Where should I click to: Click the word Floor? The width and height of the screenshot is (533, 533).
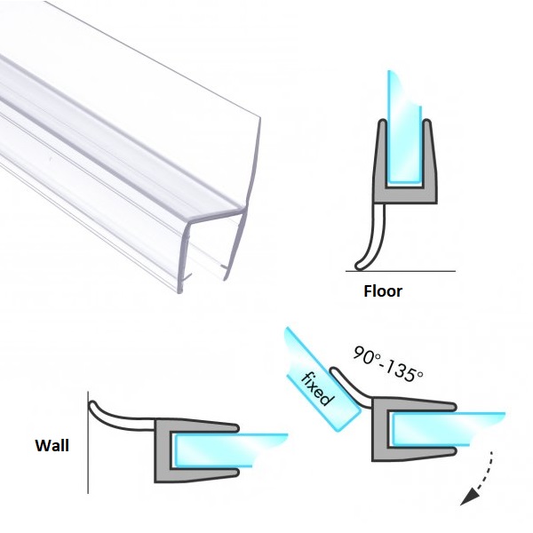[x=383, y=291]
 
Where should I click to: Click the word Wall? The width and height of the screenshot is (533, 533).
[x=52, y=445]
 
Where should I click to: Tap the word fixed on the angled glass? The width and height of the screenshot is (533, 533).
[x=316, y=388]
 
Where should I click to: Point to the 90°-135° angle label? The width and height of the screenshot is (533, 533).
[x=388, y=363]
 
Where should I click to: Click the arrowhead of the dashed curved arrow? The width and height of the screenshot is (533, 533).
[x=469, y=497]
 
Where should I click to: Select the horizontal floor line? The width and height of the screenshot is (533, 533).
[x=401, y=271]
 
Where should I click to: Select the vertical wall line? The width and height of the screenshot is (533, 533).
[x=88, y=442]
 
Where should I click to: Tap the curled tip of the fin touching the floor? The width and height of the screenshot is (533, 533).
[x=359, y=266]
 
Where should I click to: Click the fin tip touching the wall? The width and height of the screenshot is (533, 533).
[x=92, y=405]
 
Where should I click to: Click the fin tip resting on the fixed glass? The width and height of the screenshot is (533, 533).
[x=335, y=371]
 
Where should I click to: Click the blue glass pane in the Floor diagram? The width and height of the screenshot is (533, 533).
[x=404, y=129]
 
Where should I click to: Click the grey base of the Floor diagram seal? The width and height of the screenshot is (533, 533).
[x=405, y=195]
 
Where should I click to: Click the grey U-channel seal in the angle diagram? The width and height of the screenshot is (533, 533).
[x=408, y=429]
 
